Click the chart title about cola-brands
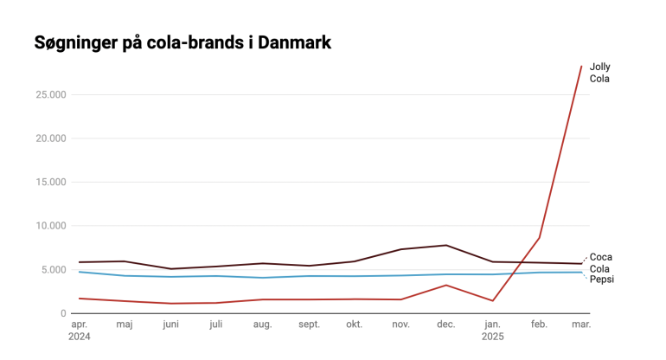coord(183,42)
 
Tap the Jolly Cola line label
coord(599,73)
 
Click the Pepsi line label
coord(601,280)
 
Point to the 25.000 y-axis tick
coord(49,94)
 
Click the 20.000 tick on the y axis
coord(49,138)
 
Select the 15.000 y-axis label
coord(49,182)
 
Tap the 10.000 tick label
coord(49,226)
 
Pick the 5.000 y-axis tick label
coord(52,270)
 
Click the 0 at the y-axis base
coord(63,313)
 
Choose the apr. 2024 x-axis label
coord(79,330)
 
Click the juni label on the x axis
coord(172,325)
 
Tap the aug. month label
coord(262,325)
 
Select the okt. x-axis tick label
coord(354,325)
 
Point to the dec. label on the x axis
coord(445,325)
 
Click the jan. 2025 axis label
coord(493,330)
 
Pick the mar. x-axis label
coord(581,325)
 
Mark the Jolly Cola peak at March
coord(581,66)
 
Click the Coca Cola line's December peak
coord(446,245)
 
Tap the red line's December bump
coord(446,285)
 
